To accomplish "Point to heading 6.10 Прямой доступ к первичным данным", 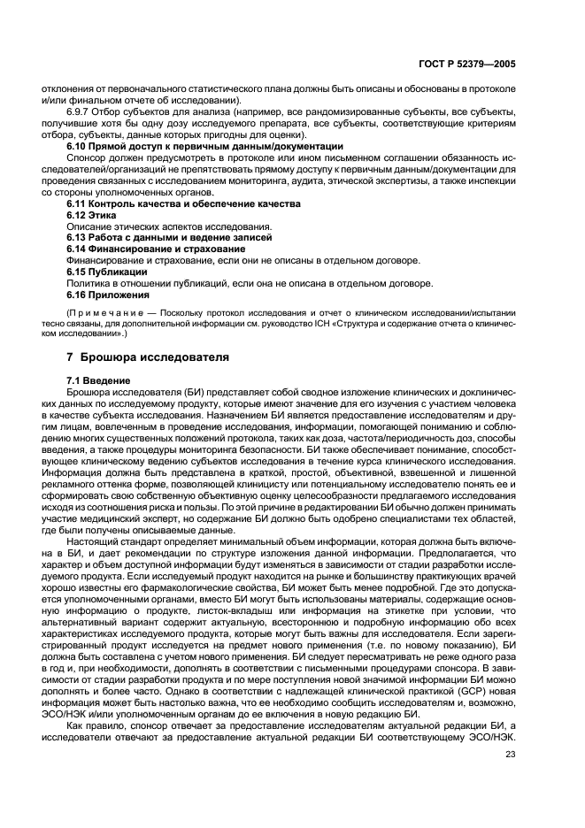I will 204,145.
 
